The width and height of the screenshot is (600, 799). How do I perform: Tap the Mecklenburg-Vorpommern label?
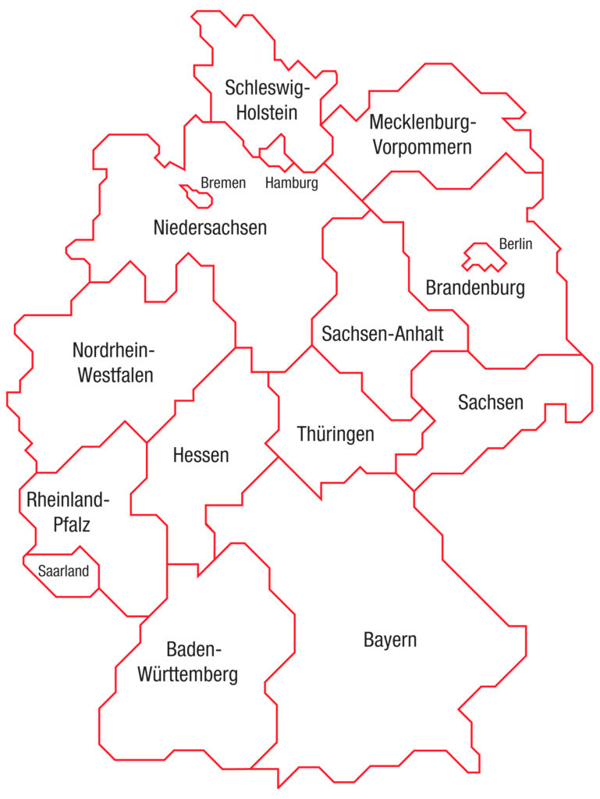pyautogui.click(x=422, y=134)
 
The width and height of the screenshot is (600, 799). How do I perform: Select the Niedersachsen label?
pyautogui.click(x=211, y=228)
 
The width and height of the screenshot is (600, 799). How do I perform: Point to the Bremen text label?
pyautogui.click(x=223, y=183)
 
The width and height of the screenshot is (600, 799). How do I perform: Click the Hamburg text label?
pyautogui.click(x=292, y=184)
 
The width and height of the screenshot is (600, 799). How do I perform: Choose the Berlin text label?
pyautogui.click(x=515, y=244)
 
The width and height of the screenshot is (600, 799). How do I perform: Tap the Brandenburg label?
pyautogui.click(x=475, y=288)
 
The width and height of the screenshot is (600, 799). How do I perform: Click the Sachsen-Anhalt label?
pyautogui.click(x=382, y=335)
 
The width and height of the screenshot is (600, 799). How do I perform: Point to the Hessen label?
pyautogui.click(x=201, y=455)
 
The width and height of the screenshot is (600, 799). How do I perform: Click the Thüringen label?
pyautogui.click(x=336, y=434)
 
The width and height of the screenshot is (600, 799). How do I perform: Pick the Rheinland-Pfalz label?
pyautogui.click(x=69, y=512)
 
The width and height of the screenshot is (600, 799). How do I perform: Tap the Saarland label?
pyautogui.click(x=64, y=570)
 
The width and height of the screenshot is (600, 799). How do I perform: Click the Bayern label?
pyautogui.click(x=390, y=641)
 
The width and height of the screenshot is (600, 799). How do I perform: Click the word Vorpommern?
pyautogui.click(x=422, y=147)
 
